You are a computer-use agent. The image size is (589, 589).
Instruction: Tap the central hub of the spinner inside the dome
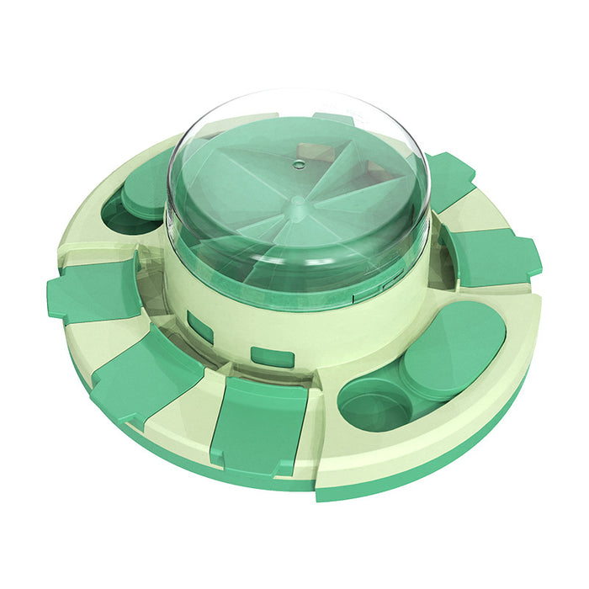click(x=296, y=203)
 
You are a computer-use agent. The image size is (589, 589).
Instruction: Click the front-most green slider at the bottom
click(x=258, y=425)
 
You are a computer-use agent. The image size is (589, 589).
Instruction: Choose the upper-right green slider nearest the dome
click(x=450, y=179)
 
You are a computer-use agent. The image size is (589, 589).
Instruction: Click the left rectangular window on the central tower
click(x=200, y=326)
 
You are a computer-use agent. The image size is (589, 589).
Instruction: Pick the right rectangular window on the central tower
click(x=272, y=356)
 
